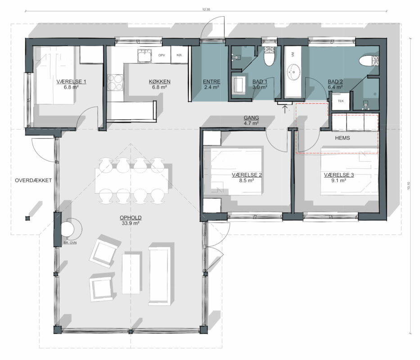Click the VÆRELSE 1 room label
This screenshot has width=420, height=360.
pyautogui.click(x=71, y=81)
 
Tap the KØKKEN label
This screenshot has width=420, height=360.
pyautogui.click(x=160, y=81)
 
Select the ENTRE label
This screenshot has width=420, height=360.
pyautogui.click(x=212, y=81)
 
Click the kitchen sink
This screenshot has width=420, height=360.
pyautogui.click(x=145, y=55)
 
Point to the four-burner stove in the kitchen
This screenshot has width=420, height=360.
pyautogui.click(x=115, y=82)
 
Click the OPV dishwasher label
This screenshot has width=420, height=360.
pyautogui.click(x=162, y=55)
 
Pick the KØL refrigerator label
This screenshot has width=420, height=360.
pyautogui.click(x=180, y=55)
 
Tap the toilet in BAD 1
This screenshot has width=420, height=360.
pyautogui.click(x=269, y=56)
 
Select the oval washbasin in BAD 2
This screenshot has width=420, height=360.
pyautogui.click(x=294, y=72)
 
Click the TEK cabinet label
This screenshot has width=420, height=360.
pyautogui.click(x=341, y=101)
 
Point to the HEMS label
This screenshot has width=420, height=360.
pyautogui.click(x=343, y=138)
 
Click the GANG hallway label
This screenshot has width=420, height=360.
pyautogui.click(x=251, y=117)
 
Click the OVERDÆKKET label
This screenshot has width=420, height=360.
pyautogui.click(x=33, y=180)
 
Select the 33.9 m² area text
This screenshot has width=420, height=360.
pyautogui.click(x=131, y=223)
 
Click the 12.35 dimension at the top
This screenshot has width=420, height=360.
pyautogui.click(x=206, y=9)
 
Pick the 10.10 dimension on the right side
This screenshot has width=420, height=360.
pyautogui.click(x=408, y=186)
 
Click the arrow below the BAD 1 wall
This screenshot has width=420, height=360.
pyautogui.click(x=285, y=109)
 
